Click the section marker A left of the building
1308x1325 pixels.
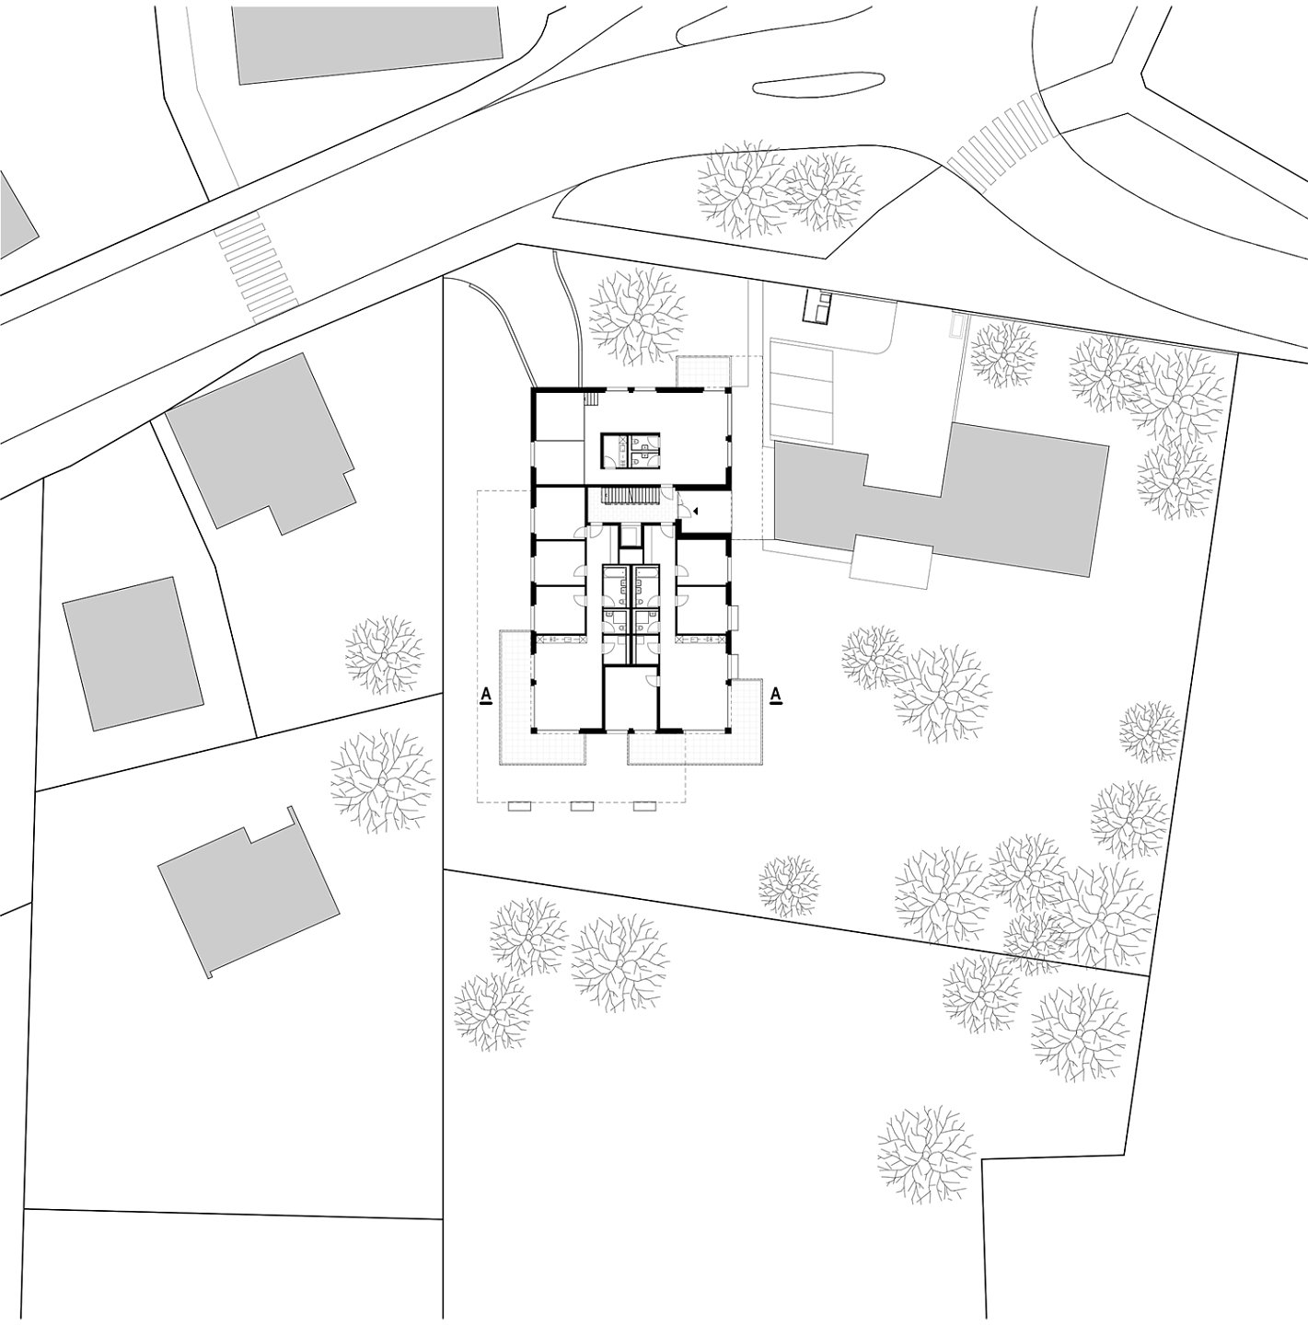486,696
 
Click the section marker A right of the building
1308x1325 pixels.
776,696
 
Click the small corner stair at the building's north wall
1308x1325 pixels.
593,397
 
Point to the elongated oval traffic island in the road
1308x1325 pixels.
818,83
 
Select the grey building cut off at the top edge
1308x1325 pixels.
368,42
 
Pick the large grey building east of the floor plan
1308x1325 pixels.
942,501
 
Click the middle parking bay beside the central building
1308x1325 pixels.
802,391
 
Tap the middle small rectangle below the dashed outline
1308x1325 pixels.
582,807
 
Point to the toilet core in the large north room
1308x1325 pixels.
631,450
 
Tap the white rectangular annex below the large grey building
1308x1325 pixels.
892,563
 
